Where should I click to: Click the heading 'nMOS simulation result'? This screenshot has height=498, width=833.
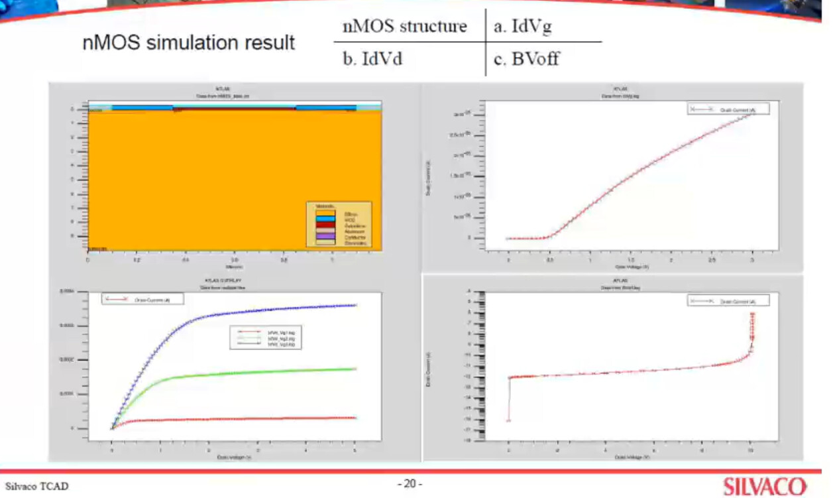189,43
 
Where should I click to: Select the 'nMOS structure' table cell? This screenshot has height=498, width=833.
404,27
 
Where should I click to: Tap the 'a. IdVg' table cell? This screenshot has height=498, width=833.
523,27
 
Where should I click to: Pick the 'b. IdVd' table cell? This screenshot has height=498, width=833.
372,59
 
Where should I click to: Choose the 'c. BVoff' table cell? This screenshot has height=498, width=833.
527,60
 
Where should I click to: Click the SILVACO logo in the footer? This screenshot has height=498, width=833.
765,486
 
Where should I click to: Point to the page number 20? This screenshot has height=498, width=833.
410,484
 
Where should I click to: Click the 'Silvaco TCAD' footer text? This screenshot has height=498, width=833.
37,486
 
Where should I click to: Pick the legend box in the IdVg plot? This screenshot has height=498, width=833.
728,109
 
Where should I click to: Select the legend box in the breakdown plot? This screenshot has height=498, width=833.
728,300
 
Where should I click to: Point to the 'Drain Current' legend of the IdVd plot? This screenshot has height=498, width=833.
142,299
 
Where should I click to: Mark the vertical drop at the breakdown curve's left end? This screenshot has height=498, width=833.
509,399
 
